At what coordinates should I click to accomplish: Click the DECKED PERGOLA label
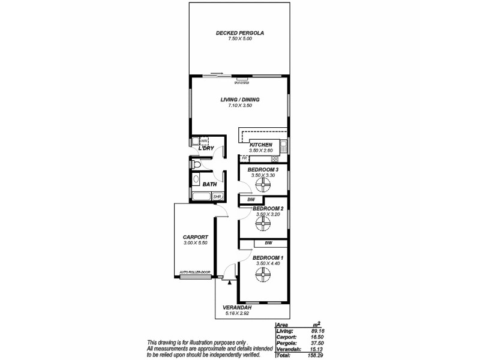coord(240,33)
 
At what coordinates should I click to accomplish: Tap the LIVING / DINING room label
coord(239,100)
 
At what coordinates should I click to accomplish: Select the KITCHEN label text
coord(261,145)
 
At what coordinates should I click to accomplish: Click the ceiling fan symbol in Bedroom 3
coord(263,184)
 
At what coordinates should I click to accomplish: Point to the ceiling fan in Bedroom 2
coord(263,223)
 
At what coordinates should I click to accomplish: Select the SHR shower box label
coord(217,196)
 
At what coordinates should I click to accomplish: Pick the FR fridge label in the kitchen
coord(244,158)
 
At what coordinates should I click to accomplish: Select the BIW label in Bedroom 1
coord(268,243)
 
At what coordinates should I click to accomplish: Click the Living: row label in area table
coord(284,331)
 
